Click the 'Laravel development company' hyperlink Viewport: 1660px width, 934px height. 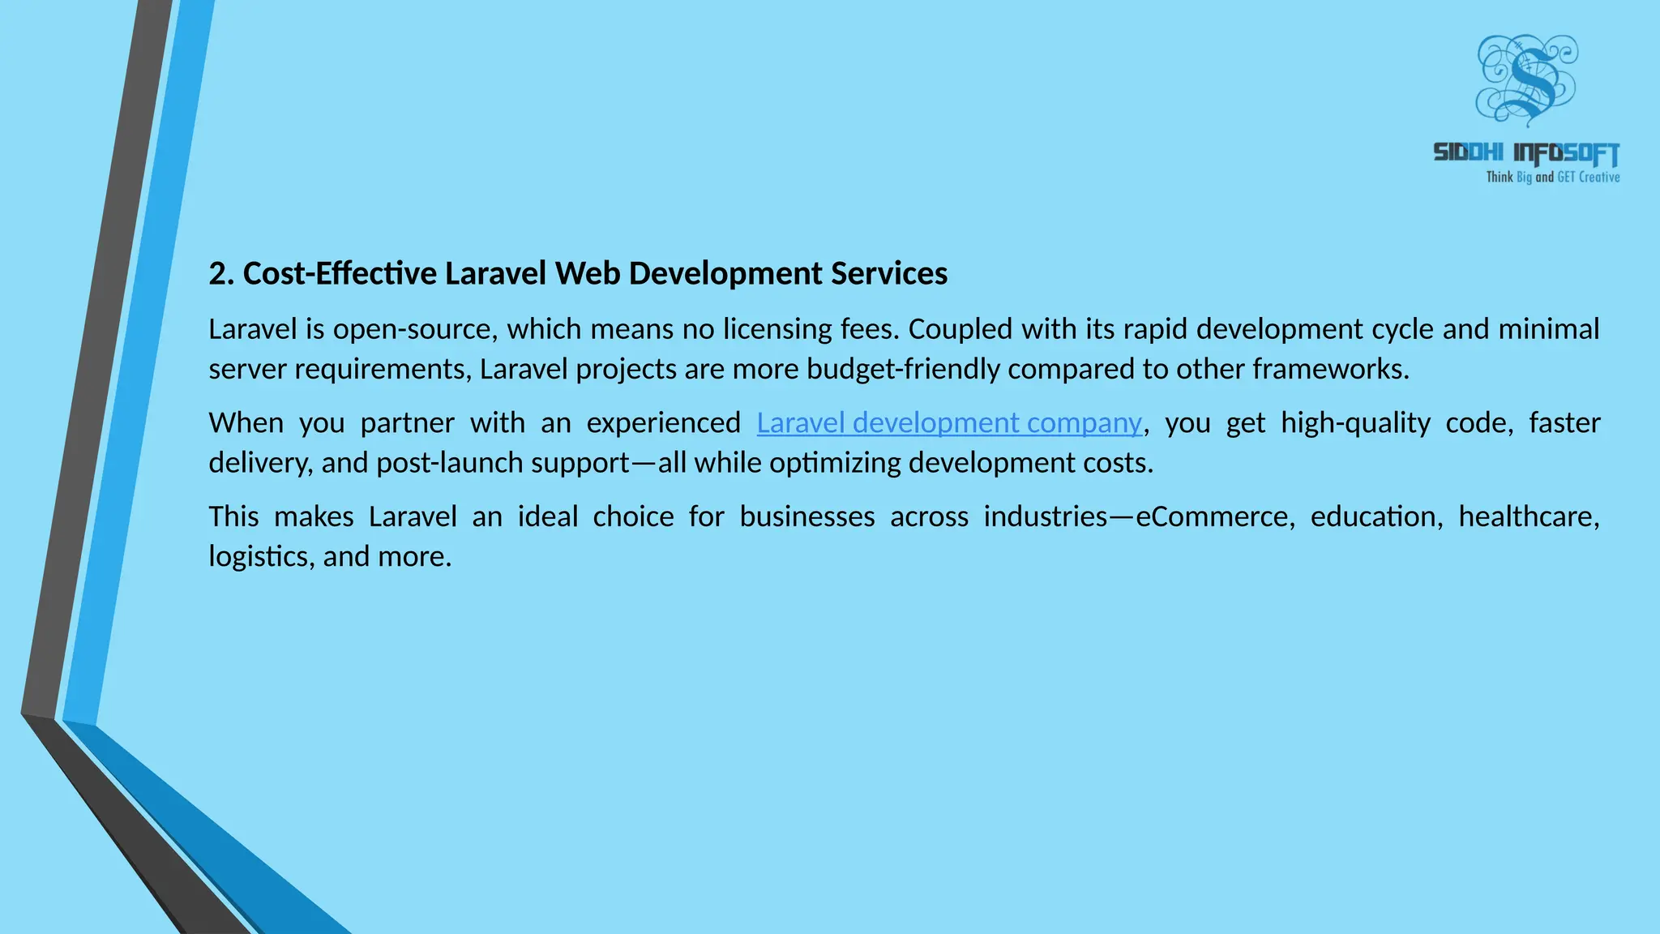949,423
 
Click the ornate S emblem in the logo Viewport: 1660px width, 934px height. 1526,79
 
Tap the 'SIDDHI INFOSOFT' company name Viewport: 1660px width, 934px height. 1526,152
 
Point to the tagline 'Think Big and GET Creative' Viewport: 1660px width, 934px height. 1552,177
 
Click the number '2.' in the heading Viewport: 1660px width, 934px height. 221,274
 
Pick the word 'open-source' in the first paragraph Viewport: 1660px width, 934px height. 415,330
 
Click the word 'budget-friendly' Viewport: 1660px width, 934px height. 903,370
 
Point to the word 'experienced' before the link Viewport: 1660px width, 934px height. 663,423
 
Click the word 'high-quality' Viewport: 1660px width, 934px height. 1355,423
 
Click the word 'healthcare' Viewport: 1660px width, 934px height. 1528,516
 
